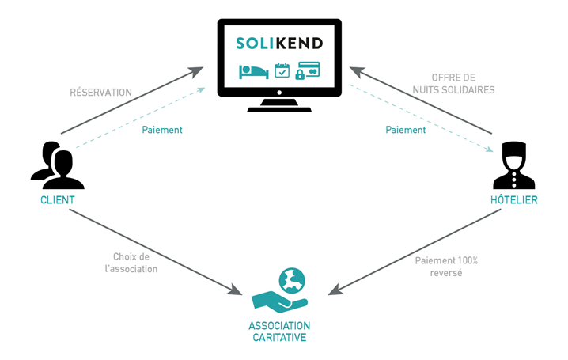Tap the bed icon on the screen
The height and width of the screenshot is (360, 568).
click(253, 71)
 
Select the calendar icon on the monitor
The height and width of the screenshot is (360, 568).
click(282, 71)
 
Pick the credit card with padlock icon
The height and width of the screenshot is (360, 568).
click(308, 71)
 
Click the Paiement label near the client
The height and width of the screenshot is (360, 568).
click(161, 130)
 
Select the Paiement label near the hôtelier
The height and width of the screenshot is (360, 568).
click(405, 130)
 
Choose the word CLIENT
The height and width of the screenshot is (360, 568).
click(57, 200)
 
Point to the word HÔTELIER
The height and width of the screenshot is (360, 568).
click(513, 200)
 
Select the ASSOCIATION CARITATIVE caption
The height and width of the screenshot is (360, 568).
click(279, 332)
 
